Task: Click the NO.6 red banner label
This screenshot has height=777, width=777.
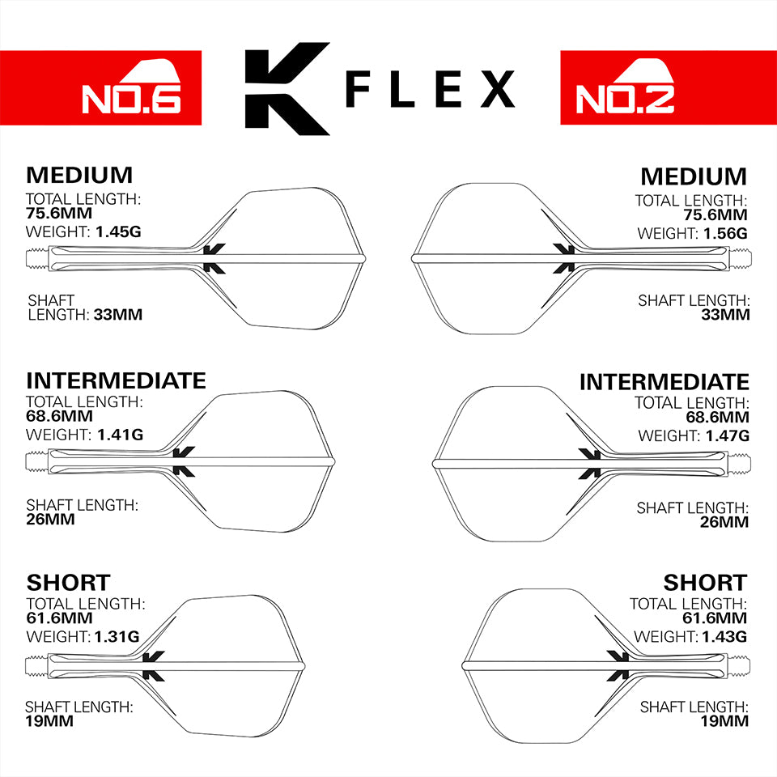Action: point(129,97)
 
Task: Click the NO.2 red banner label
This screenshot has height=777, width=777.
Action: point(625,97)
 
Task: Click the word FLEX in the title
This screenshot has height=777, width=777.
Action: point(429,89)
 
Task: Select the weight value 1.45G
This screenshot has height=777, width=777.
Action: point(118,232)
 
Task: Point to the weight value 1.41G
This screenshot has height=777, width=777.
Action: point(120,435)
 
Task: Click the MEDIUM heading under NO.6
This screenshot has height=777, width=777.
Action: point(79,176)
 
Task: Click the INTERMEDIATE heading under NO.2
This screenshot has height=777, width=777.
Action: point(664,381)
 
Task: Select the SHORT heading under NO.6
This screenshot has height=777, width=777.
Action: point(68,582)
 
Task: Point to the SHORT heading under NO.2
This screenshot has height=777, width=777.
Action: point(705,583)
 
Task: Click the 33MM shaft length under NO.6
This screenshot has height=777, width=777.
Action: point(118,315)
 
